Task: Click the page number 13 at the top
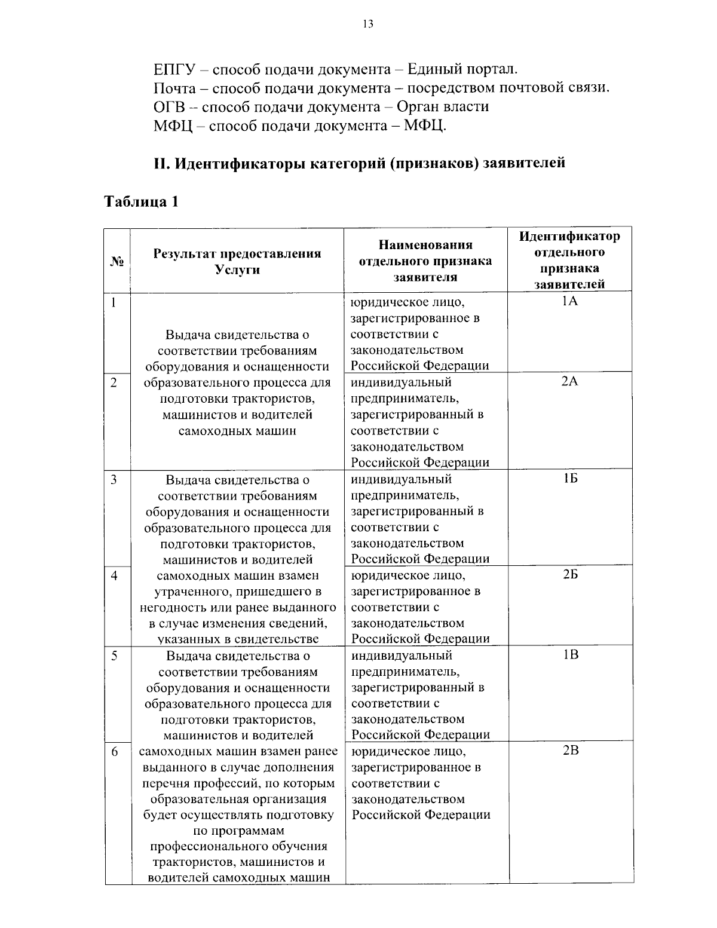367,24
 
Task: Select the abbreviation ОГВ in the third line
168,107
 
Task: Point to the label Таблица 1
142,201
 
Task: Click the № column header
117,261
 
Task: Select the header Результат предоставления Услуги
237,261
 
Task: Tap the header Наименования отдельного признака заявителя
425,261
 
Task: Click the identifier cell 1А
570,302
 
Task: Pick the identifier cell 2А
570,382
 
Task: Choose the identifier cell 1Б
570,479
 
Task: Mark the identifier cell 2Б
570,575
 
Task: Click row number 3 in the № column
113,479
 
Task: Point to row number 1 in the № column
112,302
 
